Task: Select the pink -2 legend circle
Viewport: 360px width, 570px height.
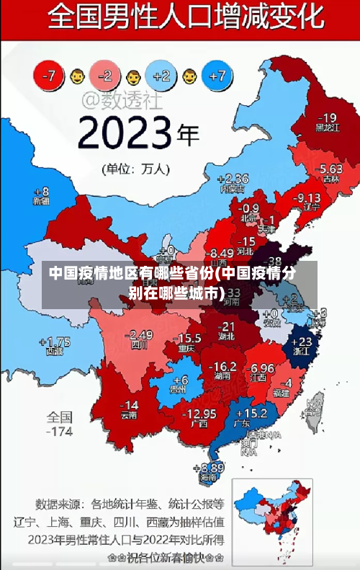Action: point(105,74)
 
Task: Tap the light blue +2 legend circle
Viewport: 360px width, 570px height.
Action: point(161,74)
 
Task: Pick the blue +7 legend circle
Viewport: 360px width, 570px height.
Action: point(218,74)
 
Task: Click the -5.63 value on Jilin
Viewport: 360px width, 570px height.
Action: point(330,169)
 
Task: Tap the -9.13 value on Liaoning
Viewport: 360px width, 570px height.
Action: point(307,197)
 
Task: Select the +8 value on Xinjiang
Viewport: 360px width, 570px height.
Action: point(41,192)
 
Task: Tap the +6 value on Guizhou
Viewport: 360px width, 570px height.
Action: point(180,380)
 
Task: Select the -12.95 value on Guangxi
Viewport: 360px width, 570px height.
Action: point(199,413)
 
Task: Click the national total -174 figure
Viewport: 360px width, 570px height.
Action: point(60,432)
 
